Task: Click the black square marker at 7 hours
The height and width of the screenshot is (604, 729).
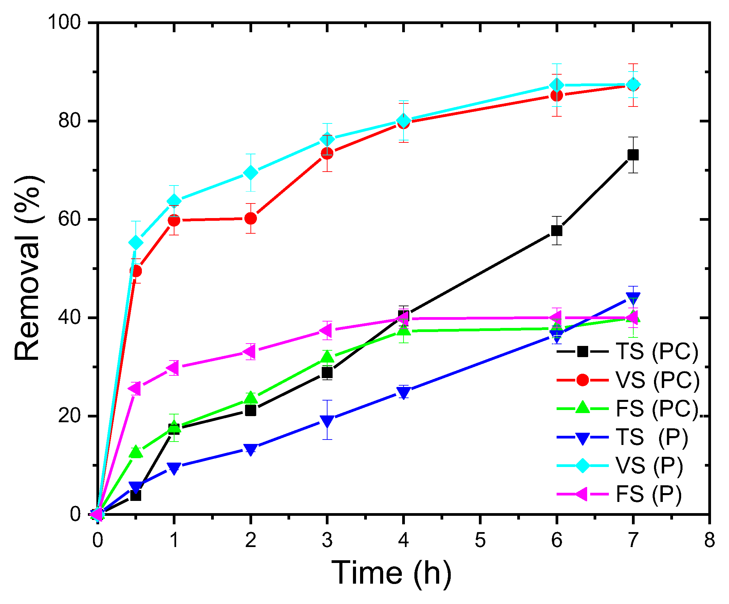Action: click(x=633, y=155)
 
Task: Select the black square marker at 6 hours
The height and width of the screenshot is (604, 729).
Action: click(x=557, y=231)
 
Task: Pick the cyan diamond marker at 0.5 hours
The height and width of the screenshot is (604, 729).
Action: click(x=136, y=242)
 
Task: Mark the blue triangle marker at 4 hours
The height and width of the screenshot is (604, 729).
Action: click(x=404, y=392)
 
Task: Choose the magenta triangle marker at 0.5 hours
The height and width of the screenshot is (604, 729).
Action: click(x=135, y=389)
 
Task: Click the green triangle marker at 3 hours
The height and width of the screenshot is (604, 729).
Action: click(x=327, y=356)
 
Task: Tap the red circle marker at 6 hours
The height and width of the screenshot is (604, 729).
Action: click(x=557, y=95)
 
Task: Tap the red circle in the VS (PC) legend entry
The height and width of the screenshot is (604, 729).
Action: click(x=582, y=380)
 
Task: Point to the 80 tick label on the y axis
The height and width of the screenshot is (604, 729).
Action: click(x=69, y=121)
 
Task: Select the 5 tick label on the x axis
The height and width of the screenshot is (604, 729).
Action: click(x=480, y=541)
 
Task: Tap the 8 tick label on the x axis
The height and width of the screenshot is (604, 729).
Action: click(x=709, y=541)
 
